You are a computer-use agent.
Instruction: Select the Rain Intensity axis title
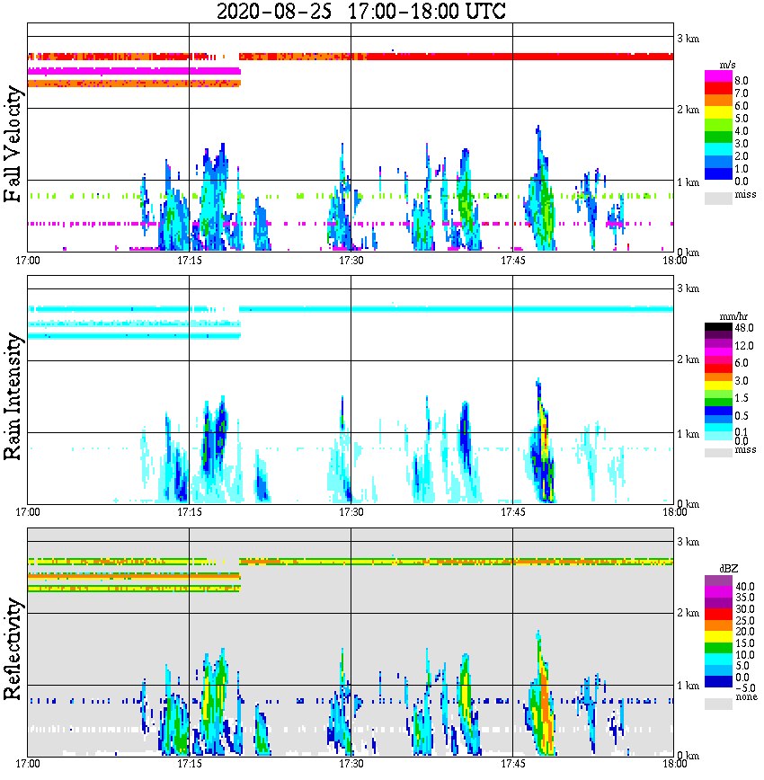click(13, 396)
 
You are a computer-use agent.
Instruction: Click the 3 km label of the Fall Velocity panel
click(688, 38)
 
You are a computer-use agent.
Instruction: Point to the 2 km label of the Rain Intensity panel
click(688, 361)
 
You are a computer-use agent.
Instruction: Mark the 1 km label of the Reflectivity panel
click(688, 686)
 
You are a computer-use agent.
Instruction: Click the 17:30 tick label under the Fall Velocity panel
click(351, 261)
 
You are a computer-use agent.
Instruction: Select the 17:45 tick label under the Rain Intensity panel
click(512, 512)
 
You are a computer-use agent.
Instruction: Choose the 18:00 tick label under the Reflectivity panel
click(674, 765)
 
